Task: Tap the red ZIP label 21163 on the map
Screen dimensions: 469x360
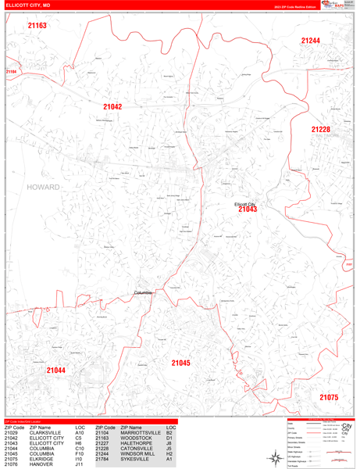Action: (37, 26)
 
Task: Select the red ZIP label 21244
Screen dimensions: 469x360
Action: (311, 41)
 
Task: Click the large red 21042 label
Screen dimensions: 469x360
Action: (112, 107)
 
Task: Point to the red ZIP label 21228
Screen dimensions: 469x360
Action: (321, 130)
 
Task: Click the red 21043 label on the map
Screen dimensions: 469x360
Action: (248, 209)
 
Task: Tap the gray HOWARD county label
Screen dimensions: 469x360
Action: (43, 188)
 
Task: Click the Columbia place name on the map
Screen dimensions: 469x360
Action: (144, 293)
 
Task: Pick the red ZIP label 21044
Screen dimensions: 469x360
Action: (55, 371)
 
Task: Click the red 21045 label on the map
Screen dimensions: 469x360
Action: (180, 363)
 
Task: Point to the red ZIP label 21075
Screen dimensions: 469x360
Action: (329, 397)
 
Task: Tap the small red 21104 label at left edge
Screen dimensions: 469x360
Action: (10, 72)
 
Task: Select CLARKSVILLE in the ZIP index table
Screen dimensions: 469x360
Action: (46, 432)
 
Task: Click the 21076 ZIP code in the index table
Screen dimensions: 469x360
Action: (11, 464)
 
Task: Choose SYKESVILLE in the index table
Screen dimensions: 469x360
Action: (136, 459)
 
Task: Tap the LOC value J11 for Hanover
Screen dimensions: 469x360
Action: (80, 464)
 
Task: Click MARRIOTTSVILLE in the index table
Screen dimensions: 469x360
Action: (141, 432)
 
